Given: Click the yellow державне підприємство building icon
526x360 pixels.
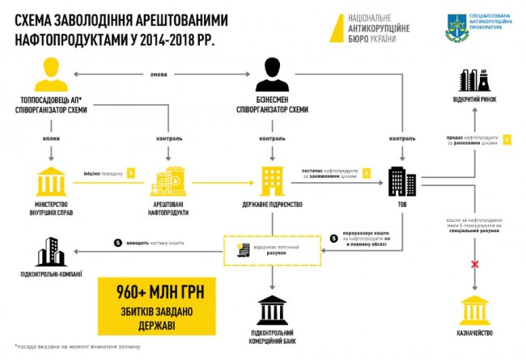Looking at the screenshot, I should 272,180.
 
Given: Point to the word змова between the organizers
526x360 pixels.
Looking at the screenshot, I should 159,76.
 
